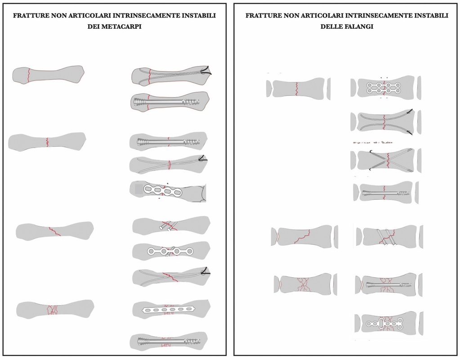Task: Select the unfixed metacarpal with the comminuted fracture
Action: click(55, 309)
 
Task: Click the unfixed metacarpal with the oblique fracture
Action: click(55, 231)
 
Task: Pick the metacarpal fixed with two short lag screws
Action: click(171, 225)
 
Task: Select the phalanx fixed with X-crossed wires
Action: click(385, 160)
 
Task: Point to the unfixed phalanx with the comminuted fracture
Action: click(302, 284)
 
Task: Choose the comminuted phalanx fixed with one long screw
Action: click(387, 285)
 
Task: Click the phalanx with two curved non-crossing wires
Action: click(385, 121)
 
